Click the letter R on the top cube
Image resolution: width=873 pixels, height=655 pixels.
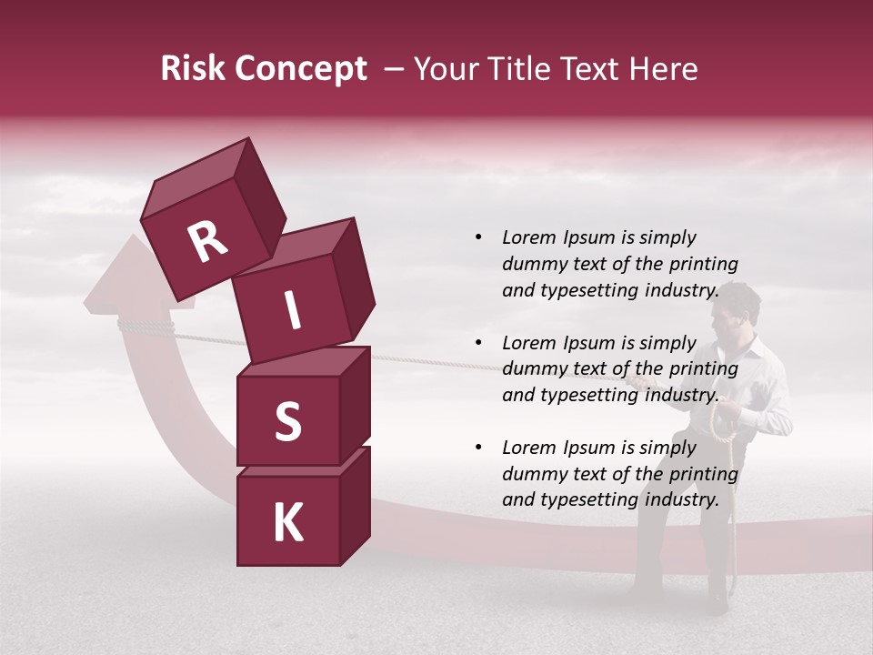coord(207,241)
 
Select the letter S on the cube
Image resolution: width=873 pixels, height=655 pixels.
coord(287,421)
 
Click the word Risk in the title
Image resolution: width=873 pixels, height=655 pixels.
coord(191,69)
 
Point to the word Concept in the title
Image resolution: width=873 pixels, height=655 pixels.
coord(300,70)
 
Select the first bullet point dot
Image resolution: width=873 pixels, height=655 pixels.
coord(479,237)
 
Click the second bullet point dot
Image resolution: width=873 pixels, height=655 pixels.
coord(479,343)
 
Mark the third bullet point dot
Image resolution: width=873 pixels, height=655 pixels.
coord(479,448)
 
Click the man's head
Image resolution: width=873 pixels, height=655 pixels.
coord(736,307)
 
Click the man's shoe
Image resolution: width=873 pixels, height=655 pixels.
coord(718,602)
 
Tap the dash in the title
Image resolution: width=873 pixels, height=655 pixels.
coord(395,69)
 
